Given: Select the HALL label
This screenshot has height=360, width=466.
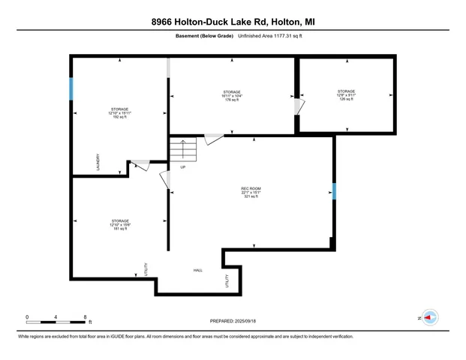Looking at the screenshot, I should click(198, 270).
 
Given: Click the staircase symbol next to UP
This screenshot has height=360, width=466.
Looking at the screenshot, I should click(183, 149).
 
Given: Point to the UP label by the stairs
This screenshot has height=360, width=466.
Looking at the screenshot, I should click(182, 166).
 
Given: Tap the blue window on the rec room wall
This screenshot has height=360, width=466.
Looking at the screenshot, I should click(334, 192).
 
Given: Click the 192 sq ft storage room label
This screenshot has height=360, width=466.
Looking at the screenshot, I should click(120, 113).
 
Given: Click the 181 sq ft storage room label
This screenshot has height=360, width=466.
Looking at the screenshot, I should click(120, 224).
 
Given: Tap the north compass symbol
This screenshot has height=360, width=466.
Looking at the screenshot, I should click(429, 317).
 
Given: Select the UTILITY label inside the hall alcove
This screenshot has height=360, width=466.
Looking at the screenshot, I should click(227, 282).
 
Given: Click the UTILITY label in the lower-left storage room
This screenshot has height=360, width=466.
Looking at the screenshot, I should click(146, 268).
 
